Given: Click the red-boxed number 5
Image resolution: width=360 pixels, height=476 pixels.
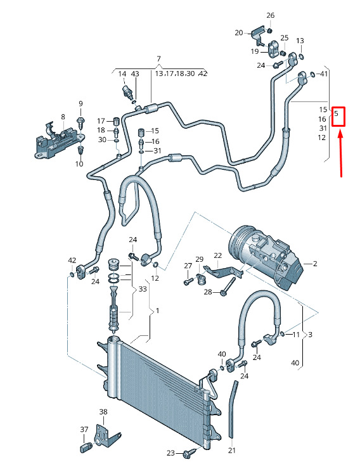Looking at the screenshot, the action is tap(336, 114).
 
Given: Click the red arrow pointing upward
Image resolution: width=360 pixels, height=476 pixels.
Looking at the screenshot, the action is tap(341, 152).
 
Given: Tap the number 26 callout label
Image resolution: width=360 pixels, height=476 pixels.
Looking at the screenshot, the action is tap(270, 15).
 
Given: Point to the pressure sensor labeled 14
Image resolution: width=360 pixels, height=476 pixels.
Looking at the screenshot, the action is tap(127, 91).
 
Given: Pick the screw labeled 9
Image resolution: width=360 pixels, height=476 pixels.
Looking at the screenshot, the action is tap(80, 122).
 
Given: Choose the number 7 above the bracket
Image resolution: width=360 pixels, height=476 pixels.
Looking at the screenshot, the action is tap(158, 59).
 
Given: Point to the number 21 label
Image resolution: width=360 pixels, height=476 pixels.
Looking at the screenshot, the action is tap(231, 450).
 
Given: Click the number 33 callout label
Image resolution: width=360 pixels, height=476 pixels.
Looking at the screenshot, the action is tap(143, 289).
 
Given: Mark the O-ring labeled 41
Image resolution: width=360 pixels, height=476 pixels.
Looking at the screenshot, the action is tap(313, 74).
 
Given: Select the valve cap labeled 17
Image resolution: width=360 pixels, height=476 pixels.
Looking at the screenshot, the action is tap(115, 121).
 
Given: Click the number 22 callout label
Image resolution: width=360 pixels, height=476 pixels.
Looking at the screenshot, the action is tap(217, 255).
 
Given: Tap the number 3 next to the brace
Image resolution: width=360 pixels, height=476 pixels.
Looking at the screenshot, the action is tap(310, 335).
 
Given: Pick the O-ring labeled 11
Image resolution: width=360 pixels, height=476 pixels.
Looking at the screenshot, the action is tap(283, 334).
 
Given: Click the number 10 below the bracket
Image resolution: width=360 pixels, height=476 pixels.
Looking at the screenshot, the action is tap(79, 164).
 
